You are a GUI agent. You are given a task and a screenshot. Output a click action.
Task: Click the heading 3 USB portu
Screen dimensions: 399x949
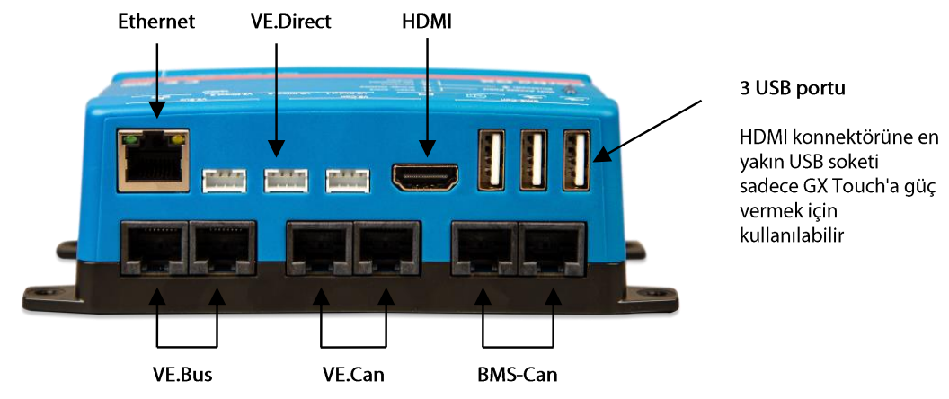791,90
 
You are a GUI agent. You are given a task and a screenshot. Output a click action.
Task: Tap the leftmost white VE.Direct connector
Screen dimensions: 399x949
225,181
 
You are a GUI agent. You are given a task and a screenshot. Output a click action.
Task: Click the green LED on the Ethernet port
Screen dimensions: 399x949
130,140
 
